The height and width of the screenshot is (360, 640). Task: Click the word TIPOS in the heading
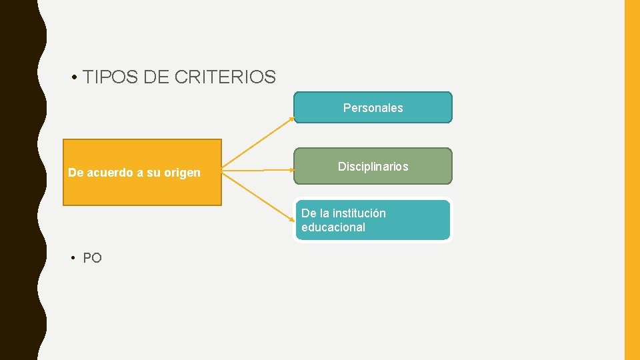111,77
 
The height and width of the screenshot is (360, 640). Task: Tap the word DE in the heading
156,77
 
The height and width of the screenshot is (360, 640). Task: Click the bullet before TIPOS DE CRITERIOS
76,78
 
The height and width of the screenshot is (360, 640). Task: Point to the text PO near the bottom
93,258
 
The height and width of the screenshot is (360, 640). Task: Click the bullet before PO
75,259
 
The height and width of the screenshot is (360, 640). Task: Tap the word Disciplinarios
373,167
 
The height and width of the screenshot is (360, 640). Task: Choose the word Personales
373,107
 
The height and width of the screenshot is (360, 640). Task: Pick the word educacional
333,227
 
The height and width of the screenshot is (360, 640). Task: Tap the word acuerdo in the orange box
109,173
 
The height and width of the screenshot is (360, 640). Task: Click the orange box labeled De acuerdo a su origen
142,190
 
